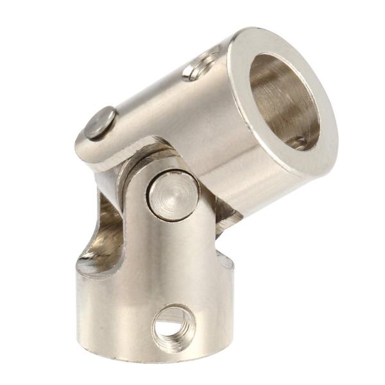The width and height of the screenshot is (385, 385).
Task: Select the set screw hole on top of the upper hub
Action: (201, 66)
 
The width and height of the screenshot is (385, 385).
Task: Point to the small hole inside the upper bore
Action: (296, 142)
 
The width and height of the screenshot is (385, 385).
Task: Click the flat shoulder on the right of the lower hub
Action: (224, 261)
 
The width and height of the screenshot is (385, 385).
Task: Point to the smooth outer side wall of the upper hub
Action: (193, 122)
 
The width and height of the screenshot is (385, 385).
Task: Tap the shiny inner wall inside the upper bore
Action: (269, 90)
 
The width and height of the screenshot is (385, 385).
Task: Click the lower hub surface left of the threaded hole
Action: (116, 321)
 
